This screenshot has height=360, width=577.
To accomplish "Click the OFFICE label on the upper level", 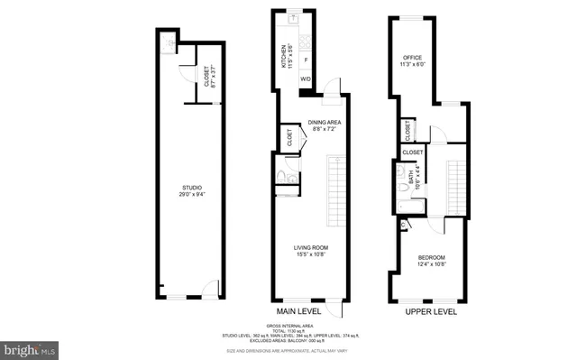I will tap(413, 58).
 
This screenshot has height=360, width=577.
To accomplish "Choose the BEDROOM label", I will tap(432, 258).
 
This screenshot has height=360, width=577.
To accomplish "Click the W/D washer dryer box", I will tap(307, 79).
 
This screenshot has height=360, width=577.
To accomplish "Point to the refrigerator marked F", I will tap(307, 60).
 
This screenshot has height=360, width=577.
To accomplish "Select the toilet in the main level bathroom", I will tap(281, 176).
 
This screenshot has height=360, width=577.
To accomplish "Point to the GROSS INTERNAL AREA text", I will tap(288, 328).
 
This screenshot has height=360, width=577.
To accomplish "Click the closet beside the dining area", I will tap(290, 139).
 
